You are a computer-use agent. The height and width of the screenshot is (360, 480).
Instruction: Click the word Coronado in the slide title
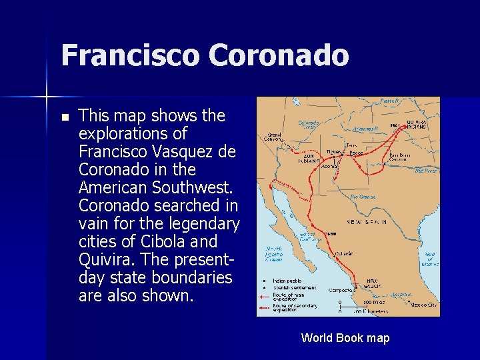coord(279,55)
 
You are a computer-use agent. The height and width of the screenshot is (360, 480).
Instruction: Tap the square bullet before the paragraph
coord(64,117)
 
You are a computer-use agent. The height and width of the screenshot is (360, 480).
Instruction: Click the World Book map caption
coord(345,338)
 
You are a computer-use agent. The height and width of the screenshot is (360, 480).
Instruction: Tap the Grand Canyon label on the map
coord(274,137)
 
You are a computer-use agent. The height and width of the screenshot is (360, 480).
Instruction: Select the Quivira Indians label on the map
coord(417,124)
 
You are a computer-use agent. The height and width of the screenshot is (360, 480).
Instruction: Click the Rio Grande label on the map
coord(362,197)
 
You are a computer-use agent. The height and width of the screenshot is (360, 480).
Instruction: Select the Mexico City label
coord(423,304)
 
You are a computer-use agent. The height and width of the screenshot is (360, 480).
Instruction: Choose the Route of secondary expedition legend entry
coord(293,308)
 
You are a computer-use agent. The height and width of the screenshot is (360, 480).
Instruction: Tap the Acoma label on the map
coord(329,167)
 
